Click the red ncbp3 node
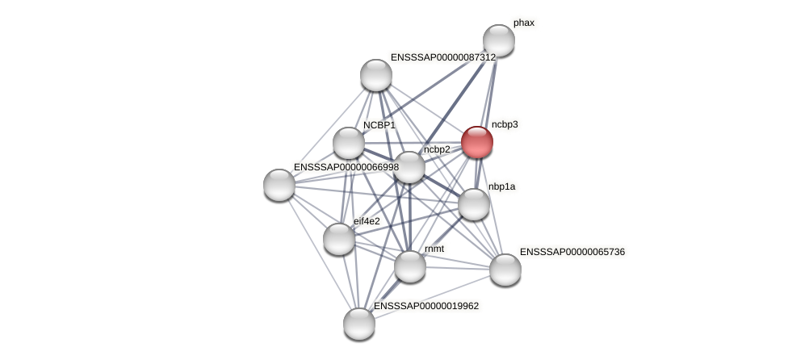coord(476,142)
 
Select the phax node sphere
coord(499,40)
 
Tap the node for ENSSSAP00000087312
coord(375,75)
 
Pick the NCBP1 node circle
coord(349,143)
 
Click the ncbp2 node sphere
coord(409,167)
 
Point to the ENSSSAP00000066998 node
coord(279,185)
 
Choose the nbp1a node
coord(474,204)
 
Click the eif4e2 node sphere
coord(339,239)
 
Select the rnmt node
coord(409,266)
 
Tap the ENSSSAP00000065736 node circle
coord(505,270)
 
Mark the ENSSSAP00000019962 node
coord(359,324)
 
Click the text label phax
coord(523,23)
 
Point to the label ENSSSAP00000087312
coord(442,57)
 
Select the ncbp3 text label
coord(505,124)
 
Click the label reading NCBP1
coord(379,125)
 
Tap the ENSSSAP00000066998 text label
coord(346,167)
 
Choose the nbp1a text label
coord(501,186)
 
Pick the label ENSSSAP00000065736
coord(572,252)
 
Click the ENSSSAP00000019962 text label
coord(425,306)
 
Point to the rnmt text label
coord(434,249)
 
